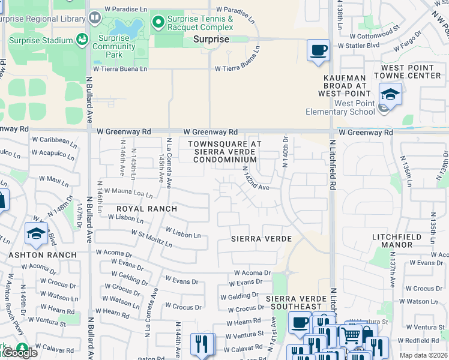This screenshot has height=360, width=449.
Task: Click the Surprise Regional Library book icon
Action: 94,19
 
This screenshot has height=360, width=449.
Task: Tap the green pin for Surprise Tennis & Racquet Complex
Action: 158,23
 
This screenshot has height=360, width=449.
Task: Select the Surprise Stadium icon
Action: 81,40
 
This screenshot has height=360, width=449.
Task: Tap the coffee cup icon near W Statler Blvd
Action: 318,49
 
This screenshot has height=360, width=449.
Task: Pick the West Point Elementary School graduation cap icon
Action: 390,95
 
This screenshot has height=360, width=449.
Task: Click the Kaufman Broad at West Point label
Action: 345,86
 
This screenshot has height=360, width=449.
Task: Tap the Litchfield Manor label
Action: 400,242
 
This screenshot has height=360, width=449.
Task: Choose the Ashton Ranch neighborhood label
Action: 43,255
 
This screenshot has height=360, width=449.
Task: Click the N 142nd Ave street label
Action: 255,179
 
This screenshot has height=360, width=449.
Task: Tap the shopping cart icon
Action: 352,334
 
